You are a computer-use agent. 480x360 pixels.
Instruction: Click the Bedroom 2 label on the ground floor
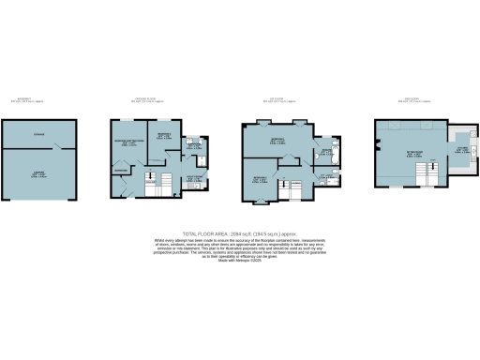163,137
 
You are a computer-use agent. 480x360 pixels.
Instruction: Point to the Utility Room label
193,178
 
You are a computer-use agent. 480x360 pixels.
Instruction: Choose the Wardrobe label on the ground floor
121,170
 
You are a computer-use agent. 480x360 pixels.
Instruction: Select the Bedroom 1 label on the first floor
278,142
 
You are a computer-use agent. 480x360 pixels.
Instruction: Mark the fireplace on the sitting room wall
376,144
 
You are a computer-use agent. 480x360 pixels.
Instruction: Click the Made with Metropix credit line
239,259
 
